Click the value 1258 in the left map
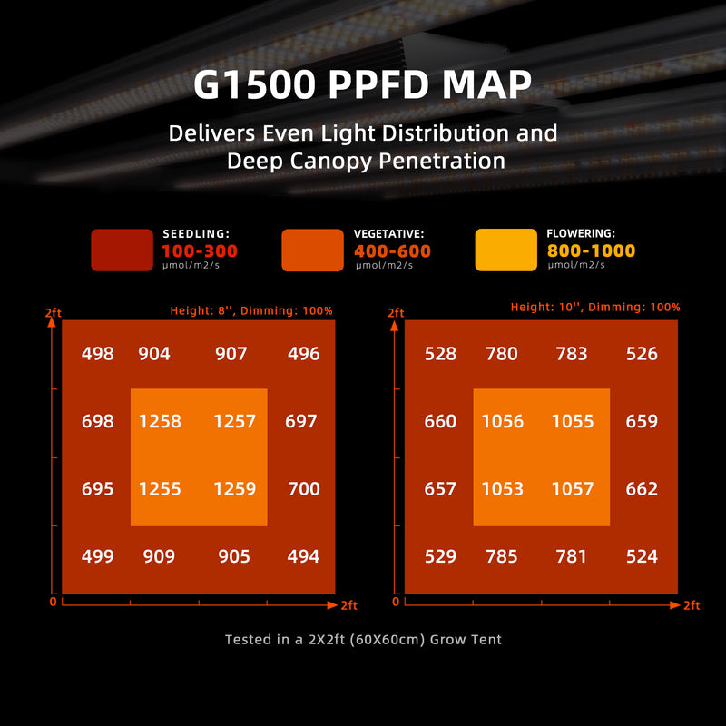[x=160, y=421]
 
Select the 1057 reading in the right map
[x=572, y=489]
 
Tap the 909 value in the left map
[x=159, y=556]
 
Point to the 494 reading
[x=303, y=556]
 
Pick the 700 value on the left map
[x=303, y=489]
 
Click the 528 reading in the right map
[x=440, y=354]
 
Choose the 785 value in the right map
[x=502, y=556]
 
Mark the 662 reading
[x=642, y=489]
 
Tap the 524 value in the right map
[x=642, y=556]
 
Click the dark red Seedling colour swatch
[x=122, y=250]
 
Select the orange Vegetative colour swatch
[x=313, y=250]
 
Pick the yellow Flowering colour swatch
[x=506, y=250]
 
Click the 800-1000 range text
[x=591, y=250]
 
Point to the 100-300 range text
[x=200, y=250]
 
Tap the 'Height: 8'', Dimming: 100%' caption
[x=251, y=311]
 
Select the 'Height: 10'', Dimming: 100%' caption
[x=595, y=308]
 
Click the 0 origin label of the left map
[x=53, y=602]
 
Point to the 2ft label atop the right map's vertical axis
[x=396, y=313]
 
